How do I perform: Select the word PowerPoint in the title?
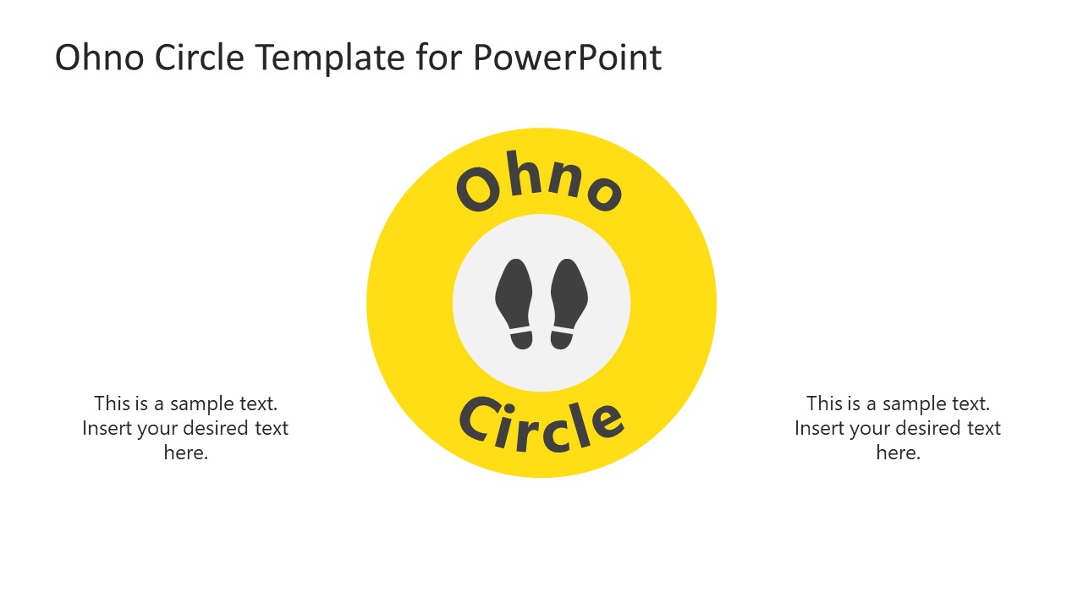pos(566,58)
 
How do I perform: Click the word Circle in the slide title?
pos(200,58)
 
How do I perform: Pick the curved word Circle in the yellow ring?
pos(541,424)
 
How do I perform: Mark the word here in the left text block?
pos(186,453)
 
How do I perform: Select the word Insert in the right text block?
pos(819,428)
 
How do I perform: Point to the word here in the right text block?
pos(898,453)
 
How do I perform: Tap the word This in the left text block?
pos(112,403)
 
